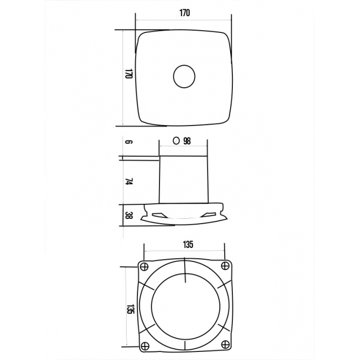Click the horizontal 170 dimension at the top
coord(185,13)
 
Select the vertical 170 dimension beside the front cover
coord(129,73)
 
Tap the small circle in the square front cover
coord(184,77)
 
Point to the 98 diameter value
coord(187,141)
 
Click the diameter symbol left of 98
coord(176,141)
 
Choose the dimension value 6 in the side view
coord(129,142)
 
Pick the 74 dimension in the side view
coord(129,182)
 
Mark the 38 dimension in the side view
coord(129,216)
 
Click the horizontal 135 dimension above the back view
coord(188,245)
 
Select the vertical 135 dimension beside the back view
coord(130,309)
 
